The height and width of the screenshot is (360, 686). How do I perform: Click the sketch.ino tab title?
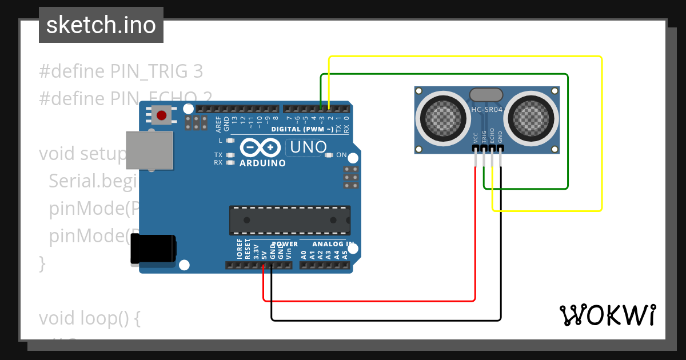101,25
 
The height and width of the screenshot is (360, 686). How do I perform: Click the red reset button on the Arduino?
161,115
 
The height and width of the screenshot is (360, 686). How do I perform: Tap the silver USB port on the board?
149,150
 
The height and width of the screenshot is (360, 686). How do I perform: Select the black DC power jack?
153,249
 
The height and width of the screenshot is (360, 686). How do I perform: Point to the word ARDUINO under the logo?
262,163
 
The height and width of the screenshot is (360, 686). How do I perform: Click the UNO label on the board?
308,147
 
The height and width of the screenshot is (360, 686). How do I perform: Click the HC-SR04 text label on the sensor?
486,109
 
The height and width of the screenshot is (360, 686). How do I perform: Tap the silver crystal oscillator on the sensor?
486,94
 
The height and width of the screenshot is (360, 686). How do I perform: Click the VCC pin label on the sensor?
476,138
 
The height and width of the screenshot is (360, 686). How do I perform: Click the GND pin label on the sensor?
500,138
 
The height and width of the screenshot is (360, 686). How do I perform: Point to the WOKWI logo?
607,315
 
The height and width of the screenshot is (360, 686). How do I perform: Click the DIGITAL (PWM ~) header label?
302,129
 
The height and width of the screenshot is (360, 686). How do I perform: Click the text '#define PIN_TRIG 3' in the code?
121,71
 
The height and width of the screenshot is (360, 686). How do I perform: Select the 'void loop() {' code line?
89,318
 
